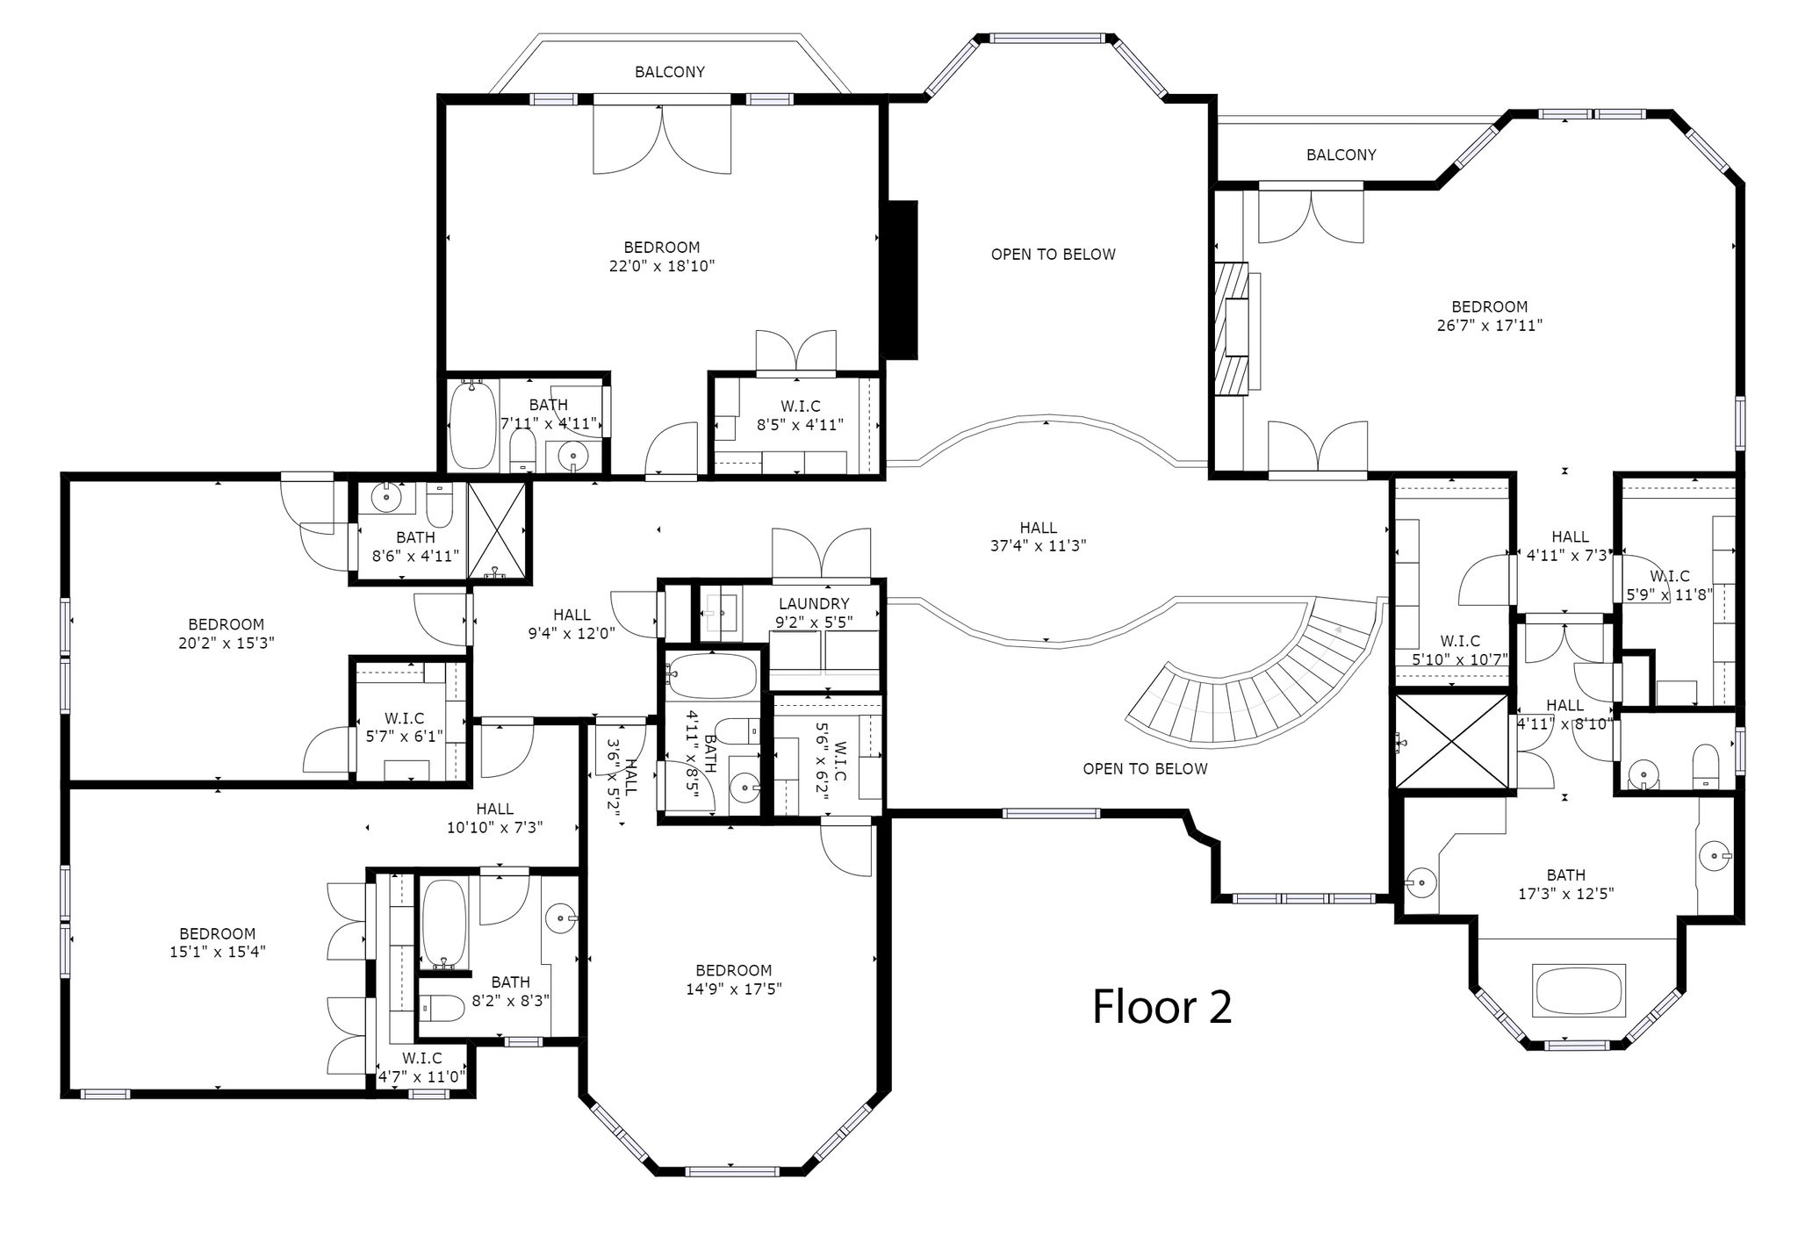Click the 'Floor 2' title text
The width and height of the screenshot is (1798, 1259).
pyautogui.click(x=1162, y=1007)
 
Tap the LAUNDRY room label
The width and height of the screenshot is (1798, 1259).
pyautogui.click(x=814, y=604)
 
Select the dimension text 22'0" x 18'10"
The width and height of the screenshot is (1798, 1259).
pyautogui.click(x=662, y=266)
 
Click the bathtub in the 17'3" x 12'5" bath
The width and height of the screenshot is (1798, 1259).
pyautogui.click(x=1579, y=989)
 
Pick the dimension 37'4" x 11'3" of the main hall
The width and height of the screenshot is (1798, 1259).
pyautogui.click(x=1039, y=545)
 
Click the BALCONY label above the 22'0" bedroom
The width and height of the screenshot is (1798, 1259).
pyautogui.click(x=670, y=72)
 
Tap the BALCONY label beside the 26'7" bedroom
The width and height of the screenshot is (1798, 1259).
pyautogui.click(x=1341, y=155)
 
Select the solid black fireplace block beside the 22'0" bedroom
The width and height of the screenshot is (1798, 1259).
pyautogui.click(x=902, y=280)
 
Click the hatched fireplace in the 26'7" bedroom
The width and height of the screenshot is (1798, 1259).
pyautogui.click(x=1231, y=329)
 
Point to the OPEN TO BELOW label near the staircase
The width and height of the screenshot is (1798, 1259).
pyautogui.click(x=1145, y=769)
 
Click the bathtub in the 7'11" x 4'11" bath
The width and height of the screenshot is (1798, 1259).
pyautogui.click(x=472, y=426)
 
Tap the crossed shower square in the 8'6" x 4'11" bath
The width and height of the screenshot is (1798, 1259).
pyautogui.click(x=498, y=531)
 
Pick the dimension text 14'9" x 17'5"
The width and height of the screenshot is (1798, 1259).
pyautogui.click(x=734, y=989)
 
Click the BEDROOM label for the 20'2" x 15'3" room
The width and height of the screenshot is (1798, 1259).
pyautogui.click(x=227, y=624)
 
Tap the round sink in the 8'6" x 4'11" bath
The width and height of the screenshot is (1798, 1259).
pyautogui.click(x=385, y=498)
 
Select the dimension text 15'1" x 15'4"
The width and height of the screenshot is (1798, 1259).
pyautogui.click(x=218, y=951)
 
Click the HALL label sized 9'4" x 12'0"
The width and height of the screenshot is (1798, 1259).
pyautogui.click(x=572, y=615)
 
